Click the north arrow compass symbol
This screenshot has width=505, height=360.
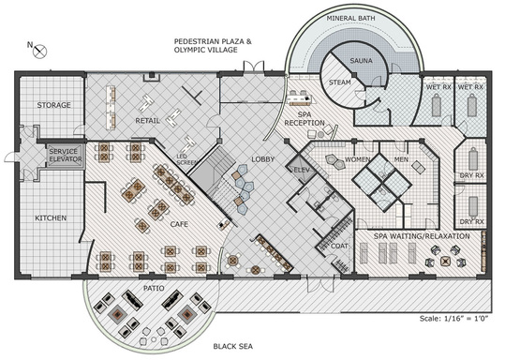pyautogui.click(x=40, y=52)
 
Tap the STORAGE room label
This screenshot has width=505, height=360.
pyautogui.click(x=53, y=105)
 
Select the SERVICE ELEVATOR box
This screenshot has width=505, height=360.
pyautogui.click(x=66, y=156)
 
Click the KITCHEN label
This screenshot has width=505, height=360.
pyautogui.click(x=51, y=218)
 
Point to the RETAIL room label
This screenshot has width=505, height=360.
pyautogui.click(x=147, y=121)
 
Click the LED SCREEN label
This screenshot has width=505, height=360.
pyautogui.click(x=186, y=159)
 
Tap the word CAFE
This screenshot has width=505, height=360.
pyautogui.click(x=179, y=224)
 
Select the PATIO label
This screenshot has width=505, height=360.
pyautogui.click(x=154, y=288)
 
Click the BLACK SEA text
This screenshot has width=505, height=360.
pyautogui.click(x=233, y=347)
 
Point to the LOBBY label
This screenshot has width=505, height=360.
pyautogui.click(x=262, y=159)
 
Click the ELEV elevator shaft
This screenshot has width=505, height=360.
pyautogui.click(x=302, y=170)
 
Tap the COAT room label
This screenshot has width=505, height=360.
pyautogui.click(x=339, y=246)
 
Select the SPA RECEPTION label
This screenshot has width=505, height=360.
pyautogui.click(x=304, y=119)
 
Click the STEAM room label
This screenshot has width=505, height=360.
pyautogui.click(x=340, y=82)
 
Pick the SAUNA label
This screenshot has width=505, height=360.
pyautogui.click(x=361, y=61)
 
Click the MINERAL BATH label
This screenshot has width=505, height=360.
pyautogui.click(x=350, y=19)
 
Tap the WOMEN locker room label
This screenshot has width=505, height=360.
pyautogui.click(x=358, y=159)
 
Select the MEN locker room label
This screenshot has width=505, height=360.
pyautogui.click(x=401, y=159)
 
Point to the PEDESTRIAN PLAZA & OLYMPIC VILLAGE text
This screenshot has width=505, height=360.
pyautogui.click(x=213, y=45)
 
